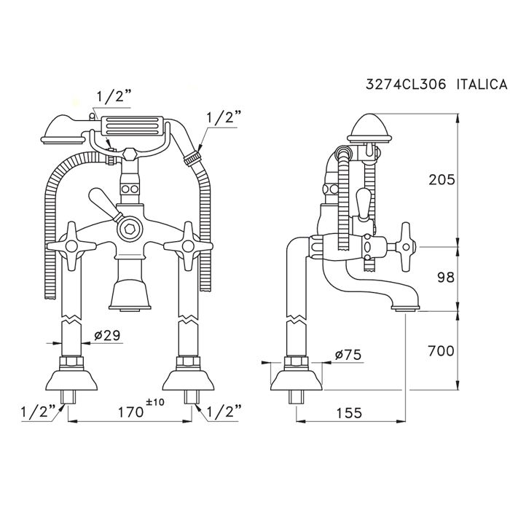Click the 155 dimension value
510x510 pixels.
(x=350, y=413)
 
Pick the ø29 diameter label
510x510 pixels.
(x=107, y=336)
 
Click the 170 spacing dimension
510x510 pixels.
(x=131, y=412)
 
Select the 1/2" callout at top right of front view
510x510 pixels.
(x=224, y=115)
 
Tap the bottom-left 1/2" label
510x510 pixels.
(x=34, y=412)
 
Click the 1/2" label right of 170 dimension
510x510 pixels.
(x=224, y=412)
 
